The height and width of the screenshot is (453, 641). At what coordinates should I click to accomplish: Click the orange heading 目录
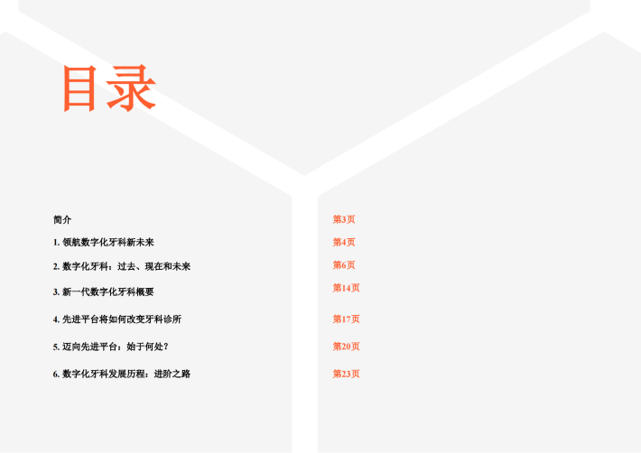click(x=109, y=88)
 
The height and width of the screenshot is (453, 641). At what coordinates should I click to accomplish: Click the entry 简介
click(x=62, y=220)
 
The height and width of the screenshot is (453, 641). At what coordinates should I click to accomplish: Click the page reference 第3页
click(x=344, y=219)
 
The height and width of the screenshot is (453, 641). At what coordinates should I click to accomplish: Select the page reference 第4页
click(x=344, y=242)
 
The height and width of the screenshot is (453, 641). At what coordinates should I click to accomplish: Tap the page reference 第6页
click(x=344, y=265)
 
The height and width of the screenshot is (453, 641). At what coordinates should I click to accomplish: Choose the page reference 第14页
click(x=347, y=288)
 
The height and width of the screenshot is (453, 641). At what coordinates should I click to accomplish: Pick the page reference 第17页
click(x=347, y=319)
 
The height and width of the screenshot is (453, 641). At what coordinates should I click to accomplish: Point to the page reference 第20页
click(x=347, y=347)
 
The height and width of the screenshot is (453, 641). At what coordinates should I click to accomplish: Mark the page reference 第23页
click(x=347, y=374)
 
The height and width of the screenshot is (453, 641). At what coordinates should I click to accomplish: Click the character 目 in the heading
click(x=79, y=88)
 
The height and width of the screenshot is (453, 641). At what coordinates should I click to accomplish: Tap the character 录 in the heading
click(x=131, y=88)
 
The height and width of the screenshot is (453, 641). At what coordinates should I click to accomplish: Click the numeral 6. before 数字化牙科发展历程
click(x=56, y=374)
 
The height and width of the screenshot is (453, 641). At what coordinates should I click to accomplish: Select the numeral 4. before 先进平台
click(x=56, y=319)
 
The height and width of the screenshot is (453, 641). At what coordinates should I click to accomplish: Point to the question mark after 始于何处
click(x=166, y=347)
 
